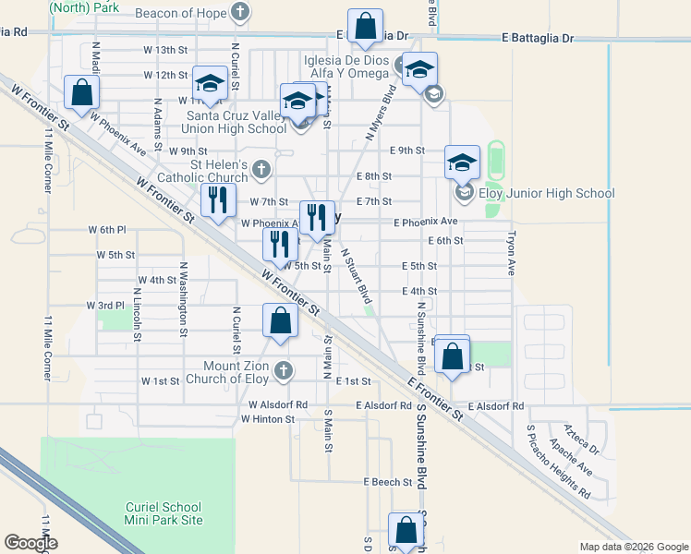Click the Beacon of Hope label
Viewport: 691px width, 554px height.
coord(180,14)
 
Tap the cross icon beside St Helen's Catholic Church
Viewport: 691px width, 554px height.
coord(261,170)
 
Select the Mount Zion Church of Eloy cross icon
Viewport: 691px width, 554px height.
coord(284,370)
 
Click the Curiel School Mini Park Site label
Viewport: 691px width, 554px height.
coord(164,513)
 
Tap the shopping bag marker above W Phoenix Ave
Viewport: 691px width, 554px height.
coord(82,92)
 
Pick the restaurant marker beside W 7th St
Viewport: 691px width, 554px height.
coord(217,200)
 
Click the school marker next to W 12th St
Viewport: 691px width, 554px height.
coord(210,85)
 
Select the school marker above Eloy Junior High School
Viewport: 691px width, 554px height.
coord(462,163)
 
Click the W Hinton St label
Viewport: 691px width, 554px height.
coord(267,419)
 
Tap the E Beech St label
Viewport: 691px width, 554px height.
coord(386,482)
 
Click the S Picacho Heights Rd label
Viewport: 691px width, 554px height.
coord(557,462)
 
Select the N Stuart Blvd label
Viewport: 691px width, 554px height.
coord(356,275)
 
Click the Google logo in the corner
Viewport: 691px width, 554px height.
coord(30,543)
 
